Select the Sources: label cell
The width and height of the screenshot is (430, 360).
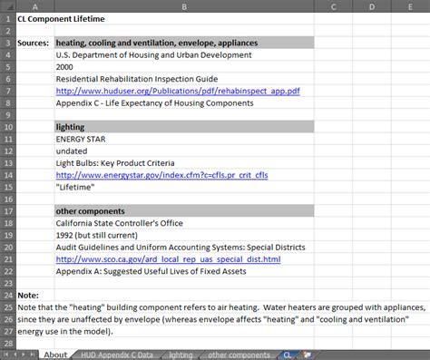coord(34,43)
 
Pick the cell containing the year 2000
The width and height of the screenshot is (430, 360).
coord(66,67)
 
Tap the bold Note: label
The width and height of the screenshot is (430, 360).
coord(28,295)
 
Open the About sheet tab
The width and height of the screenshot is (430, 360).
coord(54,355)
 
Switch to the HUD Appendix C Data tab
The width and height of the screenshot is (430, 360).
coord(114,355)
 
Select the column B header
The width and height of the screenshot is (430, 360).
coord(183,6)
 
